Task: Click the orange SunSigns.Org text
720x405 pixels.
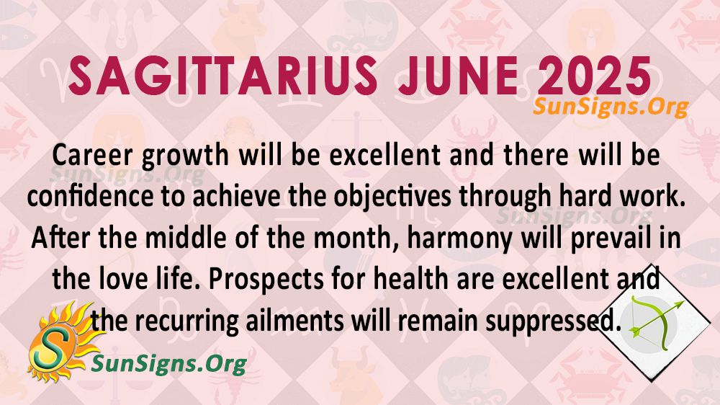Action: click(611, 107)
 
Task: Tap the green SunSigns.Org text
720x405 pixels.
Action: click(169, 365)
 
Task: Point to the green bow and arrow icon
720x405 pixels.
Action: click(655, 317)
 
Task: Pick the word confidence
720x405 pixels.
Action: click(90, 197)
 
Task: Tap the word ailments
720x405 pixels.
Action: click(294, 321)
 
